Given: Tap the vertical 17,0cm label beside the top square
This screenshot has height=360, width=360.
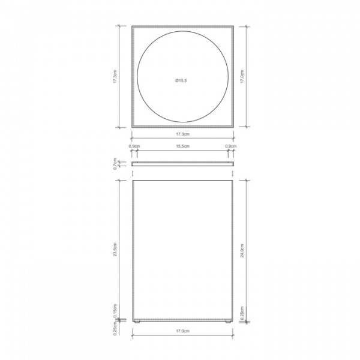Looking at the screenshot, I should pyautogui.click(x=242, y=76).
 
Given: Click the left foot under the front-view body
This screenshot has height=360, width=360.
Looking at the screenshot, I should pyautogui.click(x=137, y=322).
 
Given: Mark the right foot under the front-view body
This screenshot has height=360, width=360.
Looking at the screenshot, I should pyautogui.click(x=227, y=322).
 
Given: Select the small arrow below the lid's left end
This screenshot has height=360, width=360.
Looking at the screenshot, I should pyautogui.click(x=133, y=169).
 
